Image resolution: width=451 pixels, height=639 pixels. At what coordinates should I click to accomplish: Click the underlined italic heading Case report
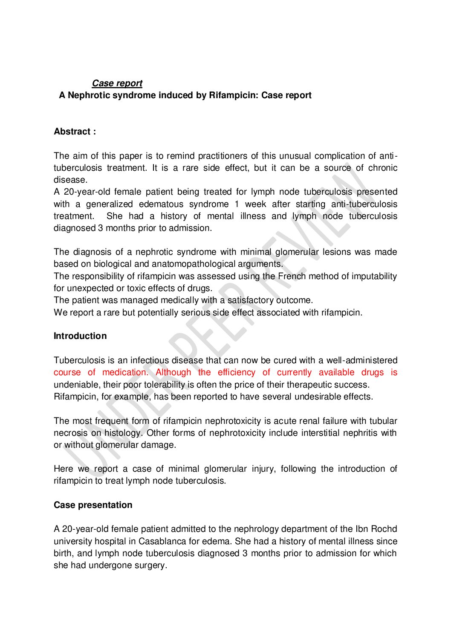[x=117, y=83]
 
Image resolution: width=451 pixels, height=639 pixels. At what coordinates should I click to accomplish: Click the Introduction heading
[x=80, y=336]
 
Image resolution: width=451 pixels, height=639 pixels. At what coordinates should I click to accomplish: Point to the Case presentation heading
[x=93, y=505]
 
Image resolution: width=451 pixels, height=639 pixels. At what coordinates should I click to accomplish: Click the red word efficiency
[x=237, y=372]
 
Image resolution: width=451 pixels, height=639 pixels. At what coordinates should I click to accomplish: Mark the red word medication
[x=125, y=372]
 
